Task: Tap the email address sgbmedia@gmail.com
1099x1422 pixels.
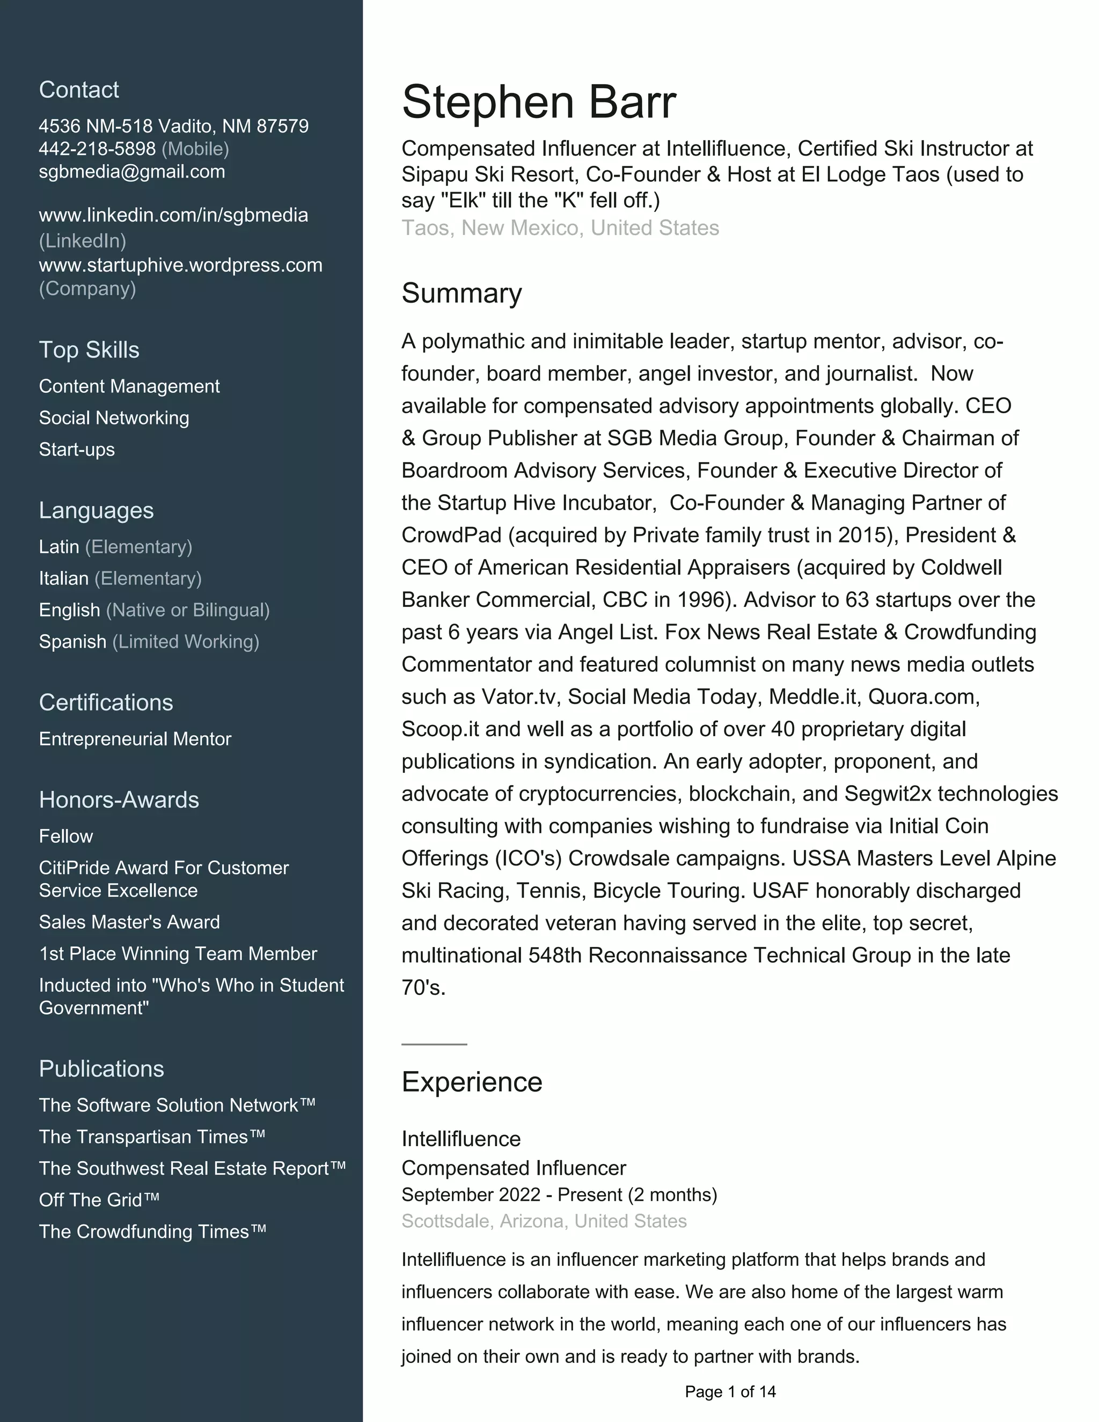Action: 131,172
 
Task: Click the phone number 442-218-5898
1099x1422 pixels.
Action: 97,149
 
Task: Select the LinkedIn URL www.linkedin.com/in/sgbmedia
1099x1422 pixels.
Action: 173,216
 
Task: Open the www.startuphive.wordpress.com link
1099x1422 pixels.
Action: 180,266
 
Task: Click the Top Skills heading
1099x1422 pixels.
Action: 89,350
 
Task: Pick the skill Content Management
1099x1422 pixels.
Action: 129,387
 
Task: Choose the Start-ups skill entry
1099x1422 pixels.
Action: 77,450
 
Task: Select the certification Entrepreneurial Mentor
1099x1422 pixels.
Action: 135,739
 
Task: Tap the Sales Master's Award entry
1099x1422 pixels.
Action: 129,922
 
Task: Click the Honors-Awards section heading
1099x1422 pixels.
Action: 119,800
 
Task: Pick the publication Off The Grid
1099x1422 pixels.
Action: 99,1200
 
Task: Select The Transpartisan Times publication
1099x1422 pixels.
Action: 152,1137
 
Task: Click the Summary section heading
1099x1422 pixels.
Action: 461,294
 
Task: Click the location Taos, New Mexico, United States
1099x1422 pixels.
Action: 560,229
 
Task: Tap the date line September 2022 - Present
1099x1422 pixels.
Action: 559,1195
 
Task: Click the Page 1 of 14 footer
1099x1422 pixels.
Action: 730,1392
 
